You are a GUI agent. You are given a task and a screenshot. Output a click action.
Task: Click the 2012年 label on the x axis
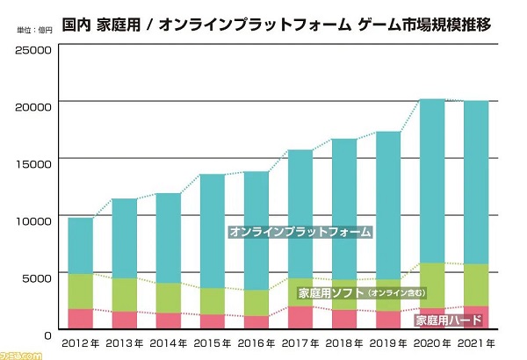pos(81,342)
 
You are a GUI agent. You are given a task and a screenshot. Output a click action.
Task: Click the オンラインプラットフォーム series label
pos(300,233)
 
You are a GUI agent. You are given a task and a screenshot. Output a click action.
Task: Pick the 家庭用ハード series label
pos(443,320)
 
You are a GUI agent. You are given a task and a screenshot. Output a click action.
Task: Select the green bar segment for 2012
pos(81,291)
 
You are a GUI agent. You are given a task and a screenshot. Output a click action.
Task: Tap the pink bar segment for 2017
pos(300,317)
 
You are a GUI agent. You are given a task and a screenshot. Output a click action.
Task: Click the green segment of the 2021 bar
pos(476,284)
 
